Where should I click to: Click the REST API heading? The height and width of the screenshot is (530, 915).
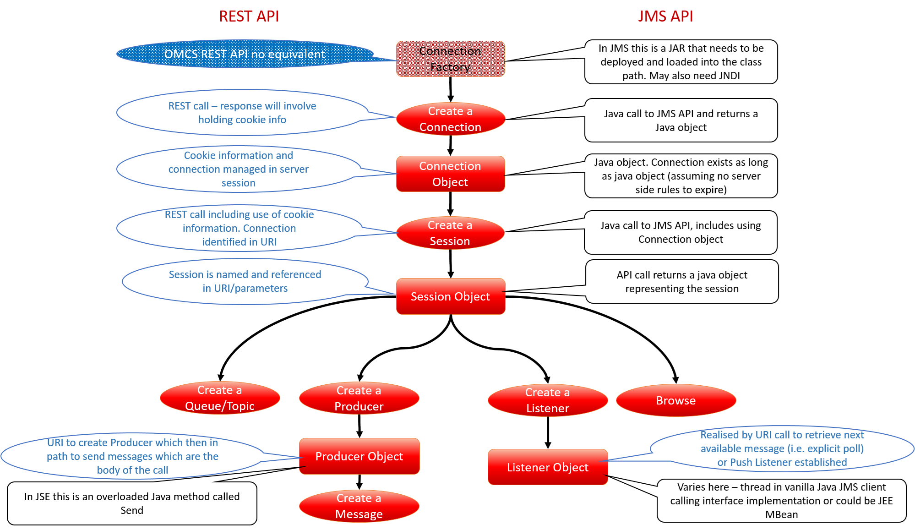pyautogui.click(x=249, y=16)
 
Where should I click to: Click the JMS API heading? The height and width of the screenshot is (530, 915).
pyautogui.click(x=665, y=16)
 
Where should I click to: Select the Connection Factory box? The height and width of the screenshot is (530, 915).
pyautogui.click(x=451, y=59)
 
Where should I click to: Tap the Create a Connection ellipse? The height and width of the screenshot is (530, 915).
pyautogui.click(x=451, y=119)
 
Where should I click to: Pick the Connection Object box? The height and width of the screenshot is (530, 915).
pyautogui.click(x=451, y=174)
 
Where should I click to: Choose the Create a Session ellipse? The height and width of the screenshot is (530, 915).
pyautogui.click(x=450, y=233)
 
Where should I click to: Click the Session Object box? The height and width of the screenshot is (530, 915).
pyautogui.click(x=451, y=296)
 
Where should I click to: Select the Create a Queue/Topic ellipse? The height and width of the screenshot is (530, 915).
pyautogui.click(x=220, y=398)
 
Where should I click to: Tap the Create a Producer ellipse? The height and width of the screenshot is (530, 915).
pyautogui.click(x=359, y=398)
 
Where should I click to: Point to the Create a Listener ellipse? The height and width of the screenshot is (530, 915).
pyautogui.click(x=548, y=400)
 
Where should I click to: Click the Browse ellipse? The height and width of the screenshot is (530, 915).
pyautogui.click(x=676, y=400)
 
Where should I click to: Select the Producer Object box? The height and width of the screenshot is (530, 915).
pyautogui.click(x=359, y=456)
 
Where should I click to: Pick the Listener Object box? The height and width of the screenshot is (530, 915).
pyautogui.click(x=548, y=467)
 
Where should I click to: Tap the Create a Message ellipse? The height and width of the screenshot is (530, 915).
pyautogui.click(x=359, y=506)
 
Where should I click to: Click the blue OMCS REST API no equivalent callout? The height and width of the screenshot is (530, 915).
pyautogui.click(x=245, y=54)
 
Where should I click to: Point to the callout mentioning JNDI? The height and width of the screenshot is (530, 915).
pyautogui.click(x=681, y=62)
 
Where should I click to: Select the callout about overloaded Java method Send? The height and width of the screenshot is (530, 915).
pyautogui.click(x=132, y=503)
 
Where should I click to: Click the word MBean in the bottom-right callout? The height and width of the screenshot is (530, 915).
pyautogui.click(x=781, y=514)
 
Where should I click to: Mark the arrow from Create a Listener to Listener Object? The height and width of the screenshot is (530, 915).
pyautogui.click(x=548, y=432)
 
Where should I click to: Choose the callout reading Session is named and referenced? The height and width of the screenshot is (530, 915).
pyautogui.click(x=245, y=281)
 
